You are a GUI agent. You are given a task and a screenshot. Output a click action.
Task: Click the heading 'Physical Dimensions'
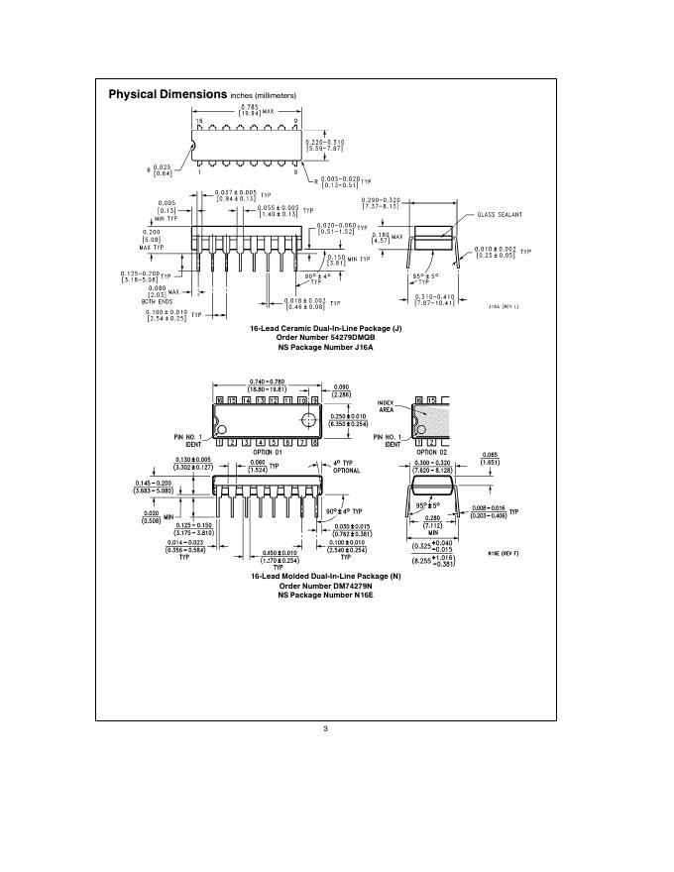[x=168, y=95]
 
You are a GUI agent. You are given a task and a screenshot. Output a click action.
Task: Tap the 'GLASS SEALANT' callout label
[x=500, y=214]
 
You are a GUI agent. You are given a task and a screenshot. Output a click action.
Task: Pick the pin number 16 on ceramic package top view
[x=199, y=121]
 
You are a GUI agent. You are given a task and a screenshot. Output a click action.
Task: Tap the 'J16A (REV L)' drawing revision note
[x=504, y=307]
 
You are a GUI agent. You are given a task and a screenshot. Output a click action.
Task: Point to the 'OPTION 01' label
[x=267, y=452]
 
